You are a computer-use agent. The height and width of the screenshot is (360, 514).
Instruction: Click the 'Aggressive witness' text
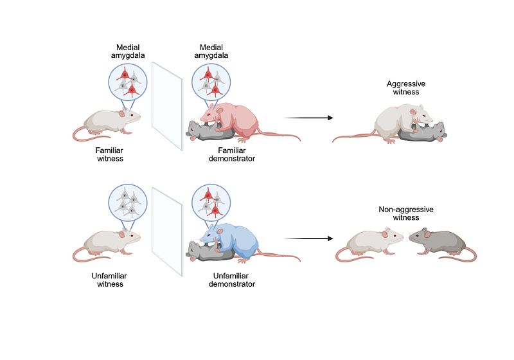click(x=406, y=88)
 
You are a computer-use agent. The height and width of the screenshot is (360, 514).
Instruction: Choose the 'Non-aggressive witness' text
click(x=406, y=214)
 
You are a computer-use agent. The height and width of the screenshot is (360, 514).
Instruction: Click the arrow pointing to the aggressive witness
click(x=308, y=118)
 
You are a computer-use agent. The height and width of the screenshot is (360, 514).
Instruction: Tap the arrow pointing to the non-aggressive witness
click(x=308, y=239)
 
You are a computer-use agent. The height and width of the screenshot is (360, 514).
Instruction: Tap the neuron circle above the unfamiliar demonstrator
click(x=211, y=202)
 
